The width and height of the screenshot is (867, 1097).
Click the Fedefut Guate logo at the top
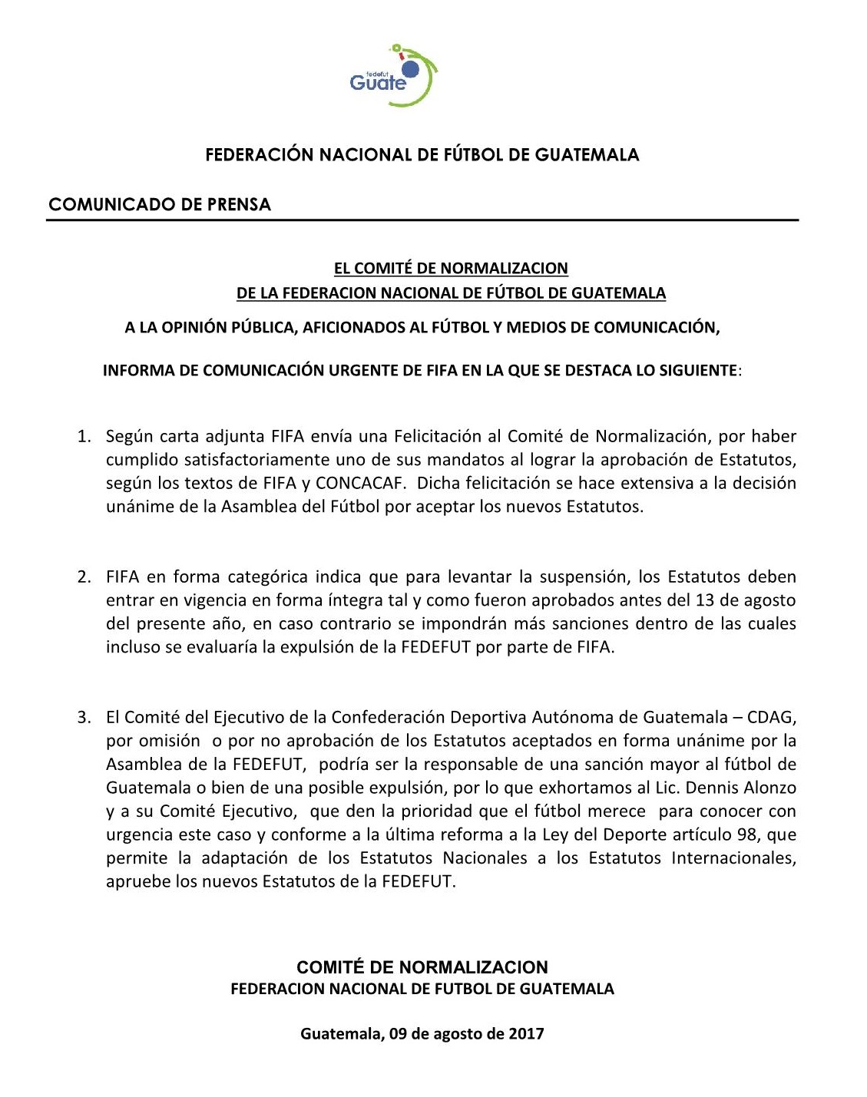pyautogui.click(x=393, y=76)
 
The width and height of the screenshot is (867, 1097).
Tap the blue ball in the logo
pyautogui.click(x=410, y=69)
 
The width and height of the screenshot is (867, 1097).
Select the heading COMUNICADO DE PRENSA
pyautogui.click(x=160, y=204)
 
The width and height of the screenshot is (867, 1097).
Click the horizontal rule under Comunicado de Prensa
pyautogui.click(x=422, y=220)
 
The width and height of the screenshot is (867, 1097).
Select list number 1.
pyautogui.click(x=84, y=437)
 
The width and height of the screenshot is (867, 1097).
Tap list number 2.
pyautogui.click(x=84, y=577)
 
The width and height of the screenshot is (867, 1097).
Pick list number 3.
pyautogui.click(x=84, y=718)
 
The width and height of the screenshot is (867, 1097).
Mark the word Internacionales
pyautogui.click(x=733, y=858)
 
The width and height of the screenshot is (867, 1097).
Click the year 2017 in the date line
pyautogui.click(x=525, y=1033)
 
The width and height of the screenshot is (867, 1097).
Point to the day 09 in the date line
pyautogui.click(x=398, y=1033)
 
